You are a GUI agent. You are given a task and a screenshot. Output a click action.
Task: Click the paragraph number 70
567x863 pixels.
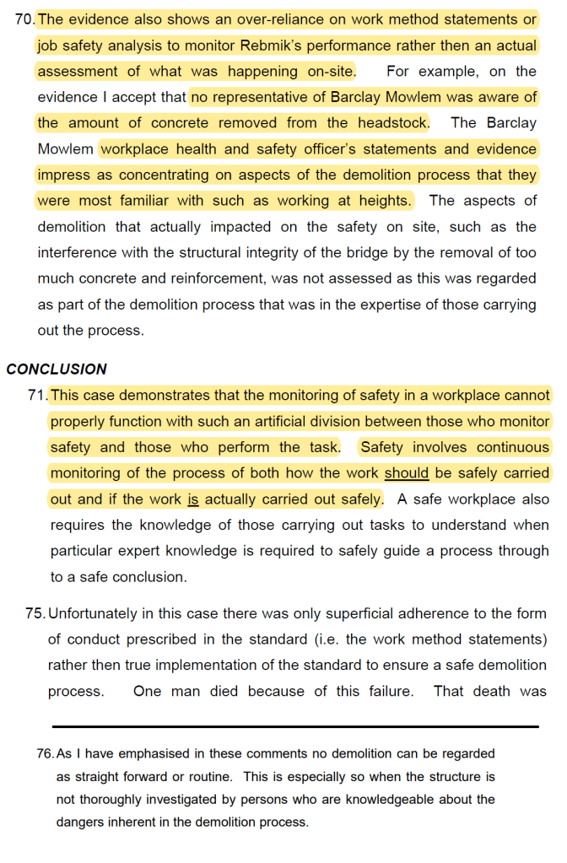[x=24, y=19]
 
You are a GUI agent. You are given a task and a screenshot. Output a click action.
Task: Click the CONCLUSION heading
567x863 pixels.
[x=57, y=369]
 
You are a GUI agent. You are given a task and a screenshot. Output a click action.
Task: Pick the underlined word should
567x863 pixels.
[x=406, y=473]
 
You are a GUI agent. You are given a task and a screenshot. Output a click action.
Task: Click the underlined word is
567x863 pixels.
[x=192, y=499]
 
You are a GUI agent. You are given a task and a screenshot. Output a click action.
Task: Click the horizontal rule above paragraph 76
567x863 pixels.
[x=295, y=726]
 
